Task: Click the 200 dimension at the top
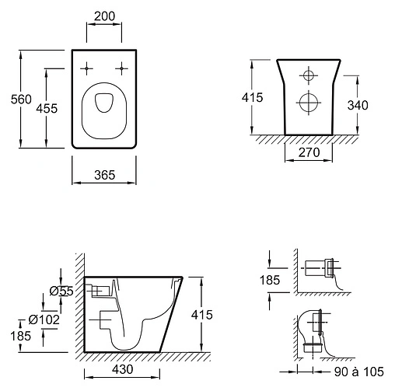pyautogui.click(x=104, y=16)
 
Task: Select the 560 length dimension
pyautogui.click(x=21, y=99)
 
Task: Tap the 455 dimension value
pyautogui.click(x=47, y=108)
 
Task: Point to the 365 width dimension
pyautogui.click(x=104, y=175)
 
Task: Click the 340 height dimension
pyautogui.click(x=358, y=105)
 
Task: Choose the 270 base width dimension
pyautogui.click(x=309, y=152)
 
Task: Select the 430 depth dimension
pyautogui.click(x=123, y=369)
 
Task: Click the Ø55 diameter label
pyautogui.click(x=61, y=292)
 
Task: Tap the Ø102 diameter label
pyautogui.click(x=44, y=319)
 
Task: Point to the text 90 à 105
pyautogui.click(x=359, y=372)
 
